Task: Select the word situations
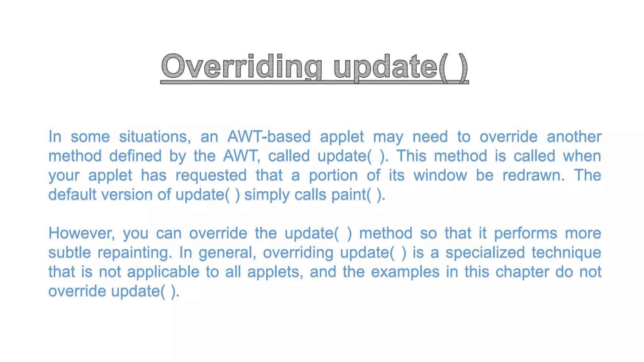click(155, 137)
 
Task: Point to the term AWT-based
click(269, 137)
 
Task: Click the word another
click(574, 137)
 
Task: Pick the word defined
click(135, 156)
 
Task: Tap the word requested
click(211, 176)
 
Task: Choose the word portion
click(333, 176)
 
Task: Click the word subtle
click(69, 253)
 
